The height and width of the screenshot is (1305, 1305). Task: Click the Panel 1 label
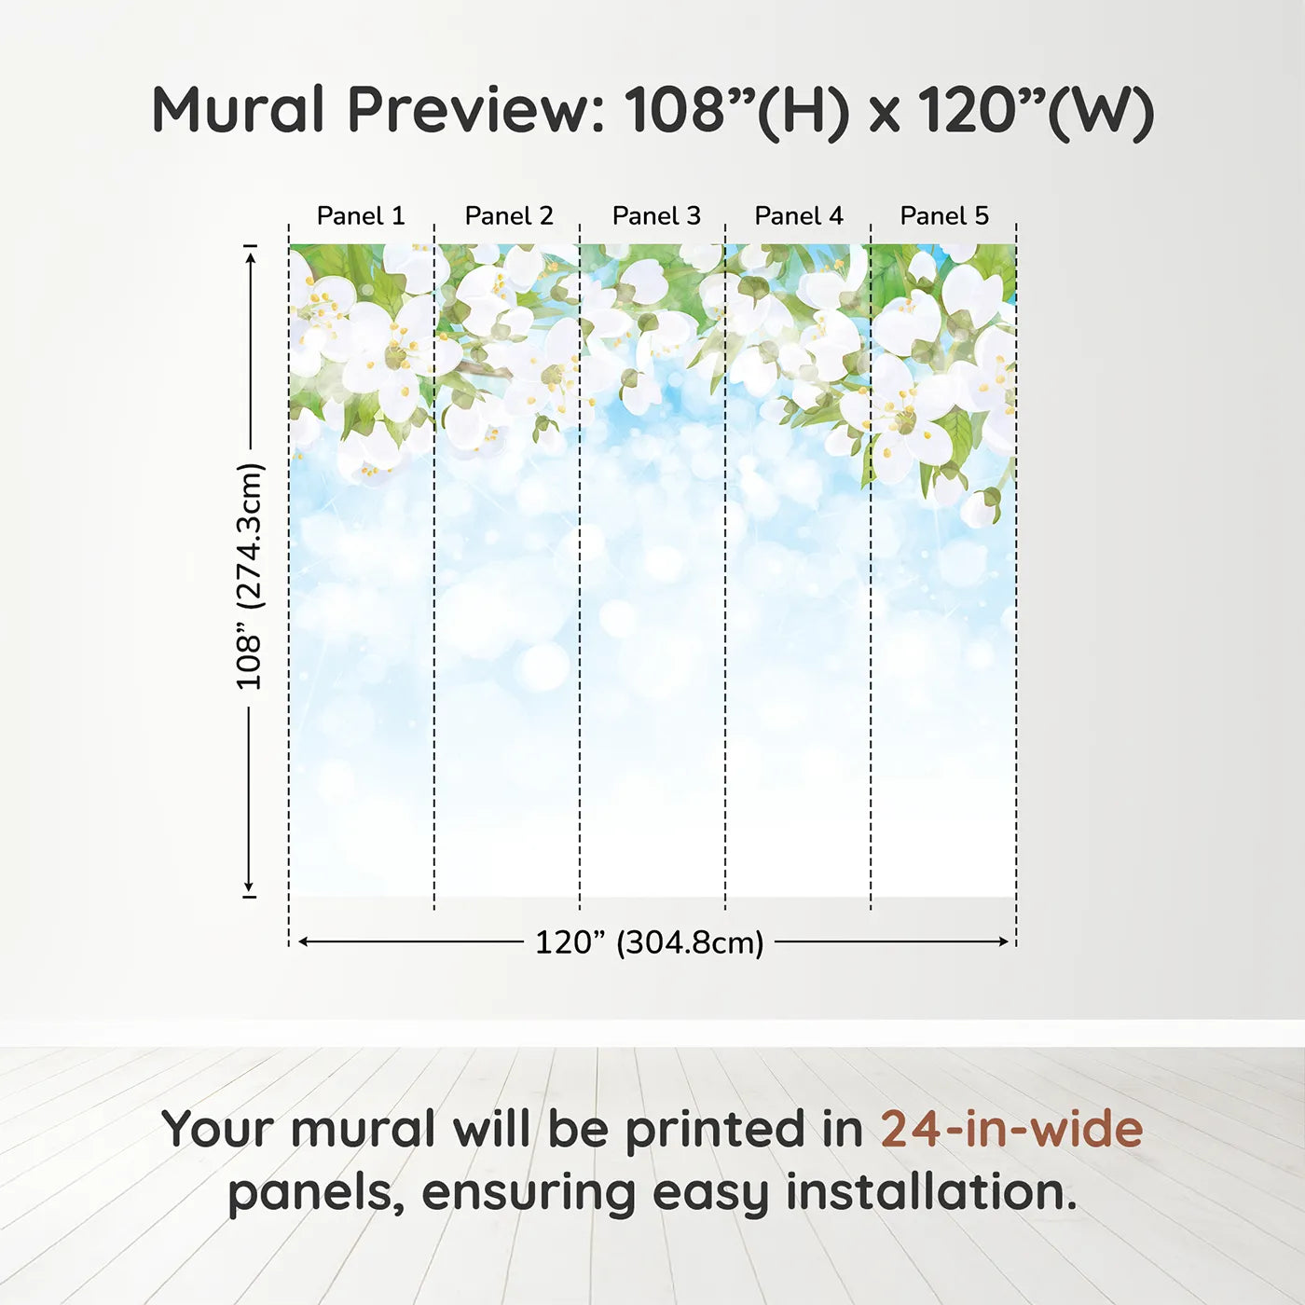(361, 216)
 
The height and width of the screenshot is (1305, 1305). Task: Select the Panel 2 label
(509, 216)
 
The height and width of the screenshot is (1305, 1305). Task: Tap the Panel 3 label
(656, 216)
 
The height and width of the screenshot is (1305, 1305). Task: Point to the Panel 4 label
(799, 216)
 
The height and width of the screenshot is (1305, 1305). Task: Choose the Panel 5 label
(944, 216)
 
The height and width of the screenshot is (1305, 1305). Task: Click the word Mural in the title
(239, 109)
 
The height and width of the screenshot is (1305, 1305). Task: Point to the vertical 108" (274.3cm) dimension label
(248, 576)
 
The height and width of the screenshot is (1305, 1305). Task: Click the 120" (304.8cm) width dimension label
(650, 942)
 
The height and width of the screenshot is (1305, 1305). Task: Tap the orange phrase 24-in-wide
(1011, 1129)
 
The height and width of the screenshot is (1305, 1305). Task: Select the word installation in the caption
(931, 1192)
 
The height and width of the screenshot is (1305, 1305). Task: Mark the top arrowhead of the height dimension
(250, 258)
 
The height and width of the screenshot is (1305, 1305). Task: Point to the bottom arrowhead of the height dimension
(249, 886)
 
